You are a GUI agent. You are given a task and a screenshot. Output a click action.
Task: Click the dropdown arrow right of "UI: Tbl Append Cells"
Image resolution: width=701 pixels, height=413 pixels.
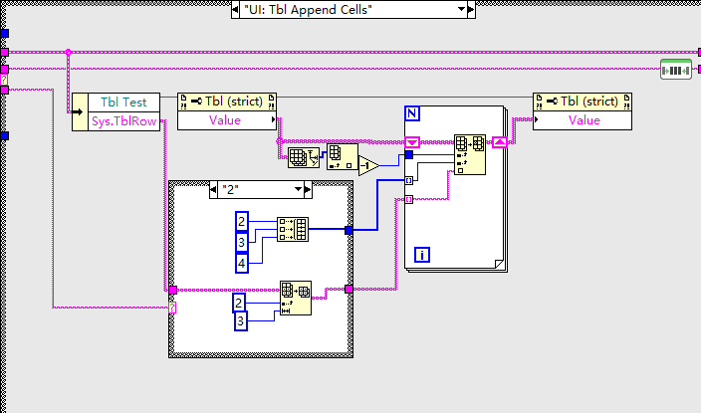point(461,9)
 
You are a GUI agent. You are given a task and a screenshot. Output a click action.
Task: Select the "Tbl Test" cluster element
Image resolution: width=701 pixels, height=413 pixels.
point(123,102)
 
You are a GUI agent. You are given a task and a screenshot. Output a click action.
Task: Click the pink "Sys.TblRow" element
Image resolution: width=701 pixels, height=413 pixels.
point(123,119)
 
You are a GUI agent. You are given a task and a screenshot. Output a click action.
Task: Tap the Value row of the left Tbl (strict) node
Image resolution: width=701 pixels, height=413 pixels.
point(225,120)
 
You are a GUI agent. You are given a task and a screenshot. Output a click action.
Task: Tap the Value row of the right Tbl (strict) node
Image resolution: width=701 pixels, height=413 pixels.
point(584,120)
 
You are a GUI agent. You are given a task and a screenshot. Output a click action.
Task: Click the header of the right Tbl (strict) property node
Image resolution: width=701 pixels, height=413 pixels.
point(584,102)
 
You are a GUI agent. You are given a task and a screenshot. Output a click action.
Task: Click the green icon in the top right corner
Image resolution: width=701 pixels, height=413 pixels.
point(677,70)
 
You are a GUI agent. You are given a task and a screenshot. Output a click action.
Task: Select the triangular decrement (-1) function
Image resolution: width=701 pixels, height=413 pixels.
point(368,164)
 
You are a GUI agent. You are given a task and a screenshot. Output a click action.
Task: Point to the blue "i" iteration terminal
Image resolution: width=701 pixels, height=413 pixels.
point(421,255)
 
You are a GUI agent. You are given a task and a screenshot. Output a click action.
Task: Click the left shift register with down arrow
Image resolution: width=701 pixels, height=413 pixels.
point(412,142)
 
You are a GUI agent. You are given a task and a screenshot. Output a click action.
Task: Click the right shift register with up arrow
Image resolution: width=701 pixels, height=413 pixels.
point(500,142)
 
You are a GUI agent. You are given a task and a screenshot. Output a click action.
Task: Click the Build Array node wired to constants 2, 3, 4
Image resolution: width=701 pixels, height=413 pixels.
point(294,230)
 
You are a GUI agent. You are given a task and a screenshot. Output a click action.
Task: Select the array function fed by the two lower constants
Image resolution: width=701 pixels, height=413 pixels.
point(294,296)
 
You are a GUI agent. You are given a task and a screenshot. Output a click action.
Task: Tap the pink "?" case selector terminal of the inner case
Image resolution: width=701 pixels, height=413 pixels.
point(172,308)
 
